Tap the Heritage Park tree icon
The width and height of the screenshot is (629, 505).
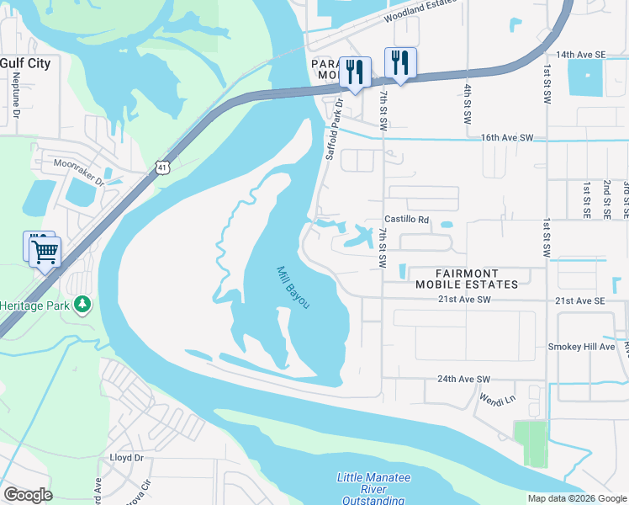82,304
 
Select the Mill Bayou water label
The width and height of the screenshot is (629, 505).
293,287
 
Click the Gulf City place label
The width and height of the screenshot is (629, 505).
25,63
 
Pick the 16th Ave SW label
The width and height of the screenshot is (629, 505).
507,137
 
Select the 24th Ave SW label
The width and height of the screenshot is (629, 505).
463,379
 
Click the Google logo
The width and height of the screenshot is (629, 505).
28,495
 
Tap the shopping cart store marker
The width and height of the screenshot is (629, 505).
45,251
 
